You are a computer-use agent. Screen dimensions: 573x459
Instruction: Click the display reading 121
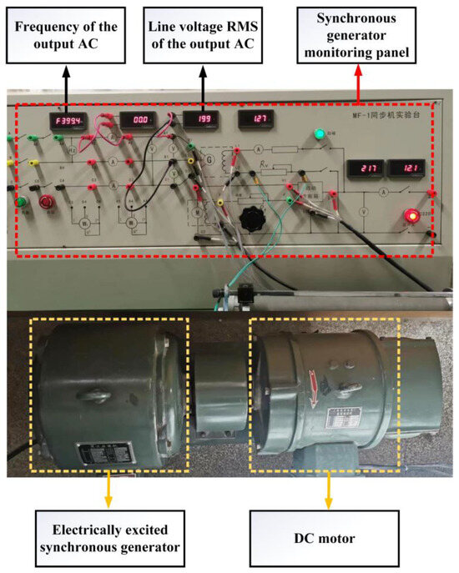click(x=406, y=169)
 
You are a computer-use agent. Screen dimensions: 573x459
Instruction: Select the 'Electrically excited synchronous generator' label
click(x=111, y=539)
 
